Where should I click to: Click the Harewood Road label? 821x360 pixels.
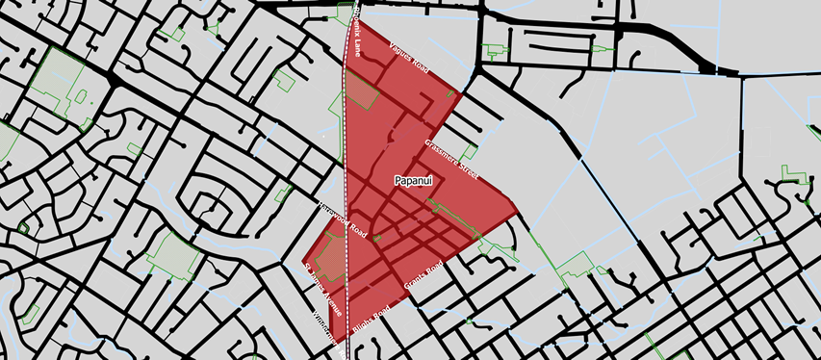(x=344, y=220)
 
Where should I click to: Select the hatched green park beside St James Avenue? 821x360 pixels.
(x=328, y=258)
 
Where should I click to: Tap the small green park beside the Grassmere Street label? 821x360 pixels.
(x=469, y=152)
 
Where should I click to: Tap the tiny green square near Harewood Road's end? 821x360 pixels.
(x=377, y=237)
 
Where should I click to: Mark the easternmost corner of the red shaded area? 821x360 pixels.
(x=520, y=213)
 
